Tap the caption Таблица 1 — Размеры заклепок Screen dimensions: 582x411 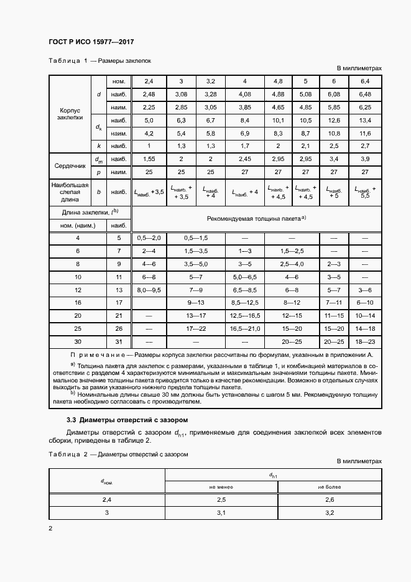coord(100,61)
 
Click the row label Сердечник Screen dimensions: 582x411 coord(70,165)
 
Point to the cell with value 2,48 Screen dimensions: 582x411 coord(149,94)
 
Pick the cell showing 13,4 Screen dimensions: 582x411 coord(365,120)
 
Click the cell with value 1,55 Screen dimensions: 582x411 coord(149,160)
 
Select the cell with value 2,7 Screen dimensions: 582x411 coord(365,146)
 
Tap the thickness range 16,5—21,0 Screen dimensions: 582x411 coord(245,328)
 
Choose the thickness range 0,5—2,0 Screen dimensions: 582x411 coord(149,238)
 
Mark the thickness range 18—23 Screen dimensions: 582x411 coord(365,341)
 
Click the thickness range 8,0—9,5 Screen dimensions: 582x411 coord(149,290)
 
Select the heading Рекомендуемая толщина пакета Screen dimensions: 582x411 coord(256,218)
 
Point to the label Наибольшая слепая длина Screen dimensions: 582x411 coord(70,193)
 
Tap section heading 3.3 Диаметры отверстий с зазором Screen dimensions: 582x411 coord(118,420)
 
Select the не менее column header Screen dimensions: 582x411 coord(221,487)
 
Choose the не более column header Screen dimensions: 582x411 coord(330,487)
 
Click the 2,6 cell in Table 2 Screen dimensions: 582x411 coord(330,499)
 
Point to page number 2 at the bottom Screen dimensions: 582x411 coord(51,529)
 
